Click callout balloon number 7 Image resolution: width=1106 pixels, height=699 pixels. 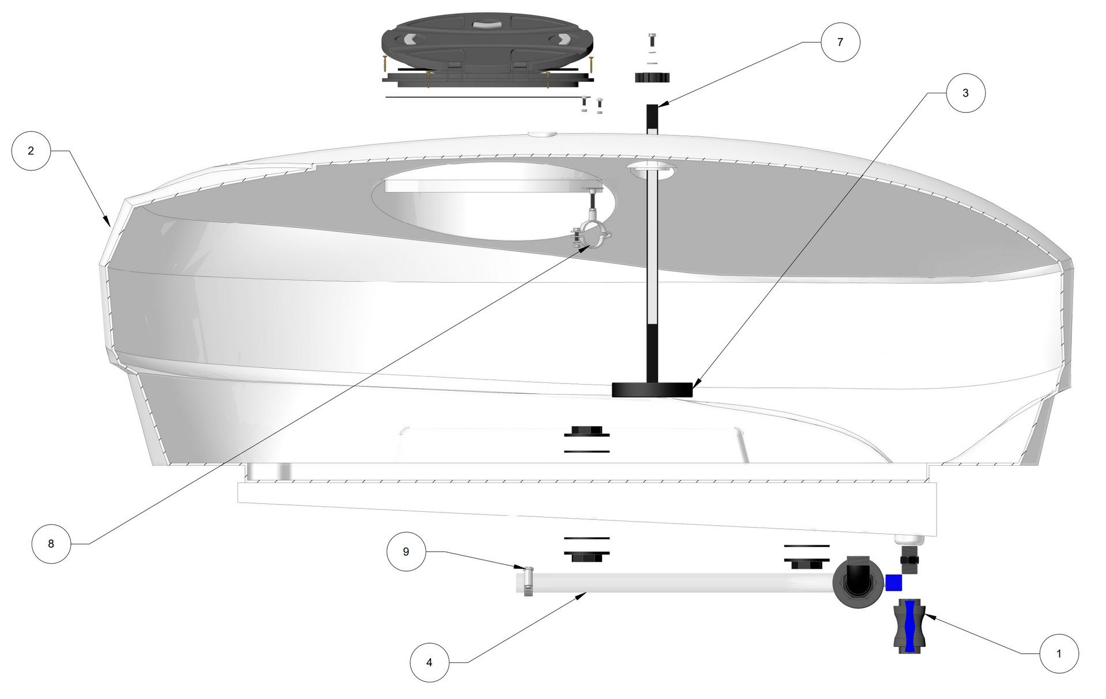(840, 42)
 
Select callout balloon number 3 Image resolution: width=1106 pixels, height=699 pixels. (965, 93)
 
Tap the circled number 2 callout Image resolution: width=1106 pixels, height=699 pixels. (31, 151)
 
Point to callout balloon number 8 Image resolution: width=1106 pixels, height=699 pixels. (51, 544)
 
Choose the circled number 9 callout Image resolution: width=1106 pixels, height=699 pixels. (406, 552)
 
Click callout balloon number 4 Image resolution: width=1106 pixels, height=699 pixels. (429, 663)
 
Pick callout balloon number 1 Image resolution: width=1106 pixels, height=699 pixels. (1059, 654)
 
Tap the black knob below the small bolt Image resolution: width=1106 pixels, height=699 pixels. (652, 77)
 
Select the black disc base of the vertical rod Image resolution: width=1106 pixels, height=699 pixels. (652, 390)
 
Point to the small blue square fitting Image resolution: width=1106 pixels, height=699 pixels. (893, 583)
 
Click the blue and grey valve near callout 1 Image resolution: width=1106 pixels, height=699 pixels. (910, 626)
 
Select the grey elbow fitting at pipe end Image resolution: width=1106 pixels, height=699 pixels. (858, 583)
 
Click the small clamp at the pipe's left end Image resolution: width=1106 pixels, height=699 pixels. (528, 581)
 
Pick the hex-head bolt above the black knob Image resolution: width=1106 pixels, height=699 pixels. (652, 40)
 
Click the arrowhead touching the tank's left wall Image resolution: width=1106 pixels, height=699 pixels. (107, 221)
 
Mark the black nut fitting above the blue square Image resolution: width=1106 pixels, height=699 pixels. (909, 560)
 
